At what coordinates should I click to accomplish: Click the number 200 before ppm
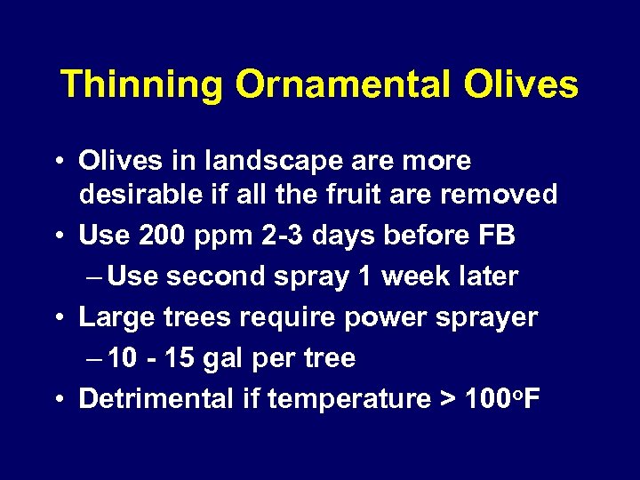pyautogui.click(x=157, y=236)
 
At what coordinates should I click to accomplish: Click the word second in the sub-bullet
pyautogui.click(x=217, y=276)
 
